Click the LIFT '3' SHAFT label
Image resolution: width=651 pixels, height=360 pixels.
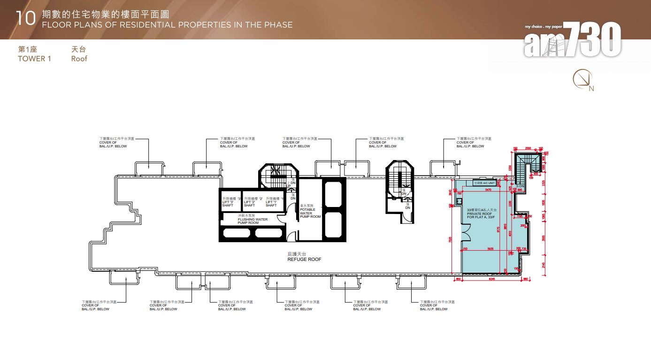[x=228, y=202]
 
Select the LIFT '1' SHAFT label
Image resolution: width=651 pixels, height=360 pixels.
[x=272, y=202]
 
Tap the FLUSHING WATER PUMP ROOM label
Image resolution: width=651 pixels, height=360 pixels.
[x=253, y=219]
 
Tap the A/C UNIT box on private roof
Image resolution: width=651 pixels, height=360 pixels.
[x=484, y=183]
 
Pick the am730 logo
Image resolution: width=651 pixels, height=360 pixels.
[x=573, y=39]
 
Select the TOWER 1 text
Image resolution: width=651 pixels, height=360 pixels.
[x=34, y=59]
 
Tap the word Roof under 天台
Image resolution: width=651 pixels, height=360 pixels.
[x=79, y=59]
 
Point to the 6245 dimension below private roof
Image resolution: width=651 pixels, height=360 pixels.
[x=492, y=279]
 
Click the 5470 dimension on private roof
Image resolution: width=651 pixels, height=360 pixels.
[x=489, y=190]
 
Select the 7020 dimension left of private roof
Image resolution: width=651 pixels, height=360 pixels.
[x=450, y=240]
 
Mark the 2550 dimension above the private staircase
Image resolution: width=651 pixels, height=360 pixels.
[x=528, y=148]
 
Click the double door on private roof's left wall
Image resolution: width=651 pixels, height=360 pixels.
[x=465, y=233]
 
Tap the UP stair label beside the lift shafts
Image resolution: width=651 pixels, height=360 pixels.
[x=289, y=186]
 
